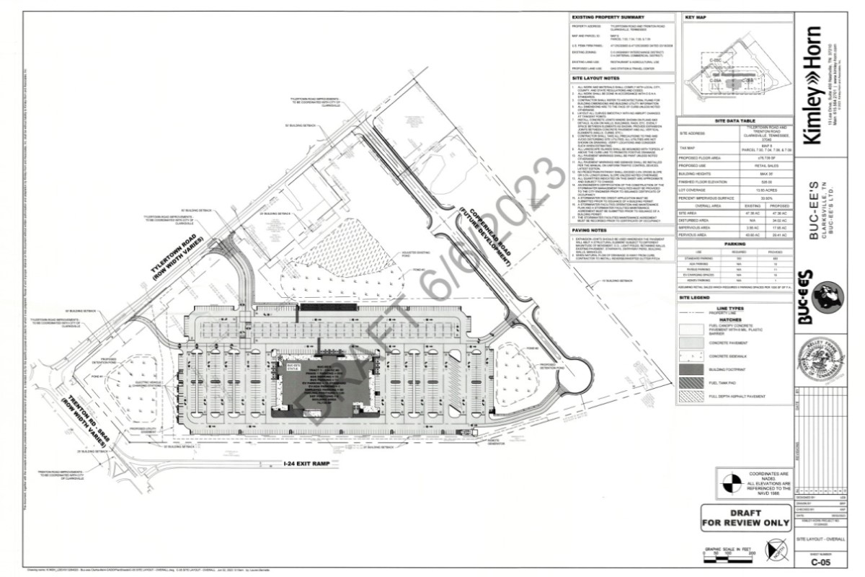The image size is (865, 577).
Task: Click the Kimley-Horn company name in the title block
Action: point(814,86)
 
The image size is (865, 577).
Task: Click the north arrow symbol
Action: point(773,553)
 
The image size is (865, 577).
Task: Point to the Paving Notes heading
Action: point(589,231)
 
